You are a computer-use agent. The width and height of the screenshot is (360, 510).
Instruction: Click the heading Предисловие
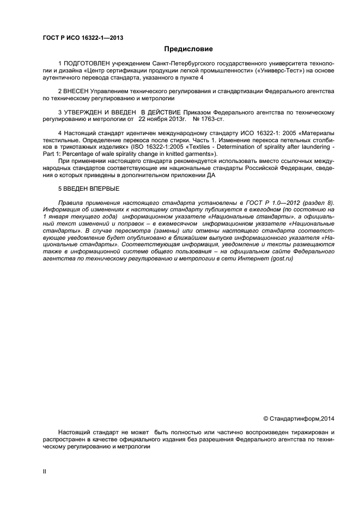coord(180,49)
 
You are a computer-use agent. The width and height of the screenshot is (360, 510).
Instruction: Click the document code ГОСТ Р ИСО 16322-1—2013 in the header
coord(82,38)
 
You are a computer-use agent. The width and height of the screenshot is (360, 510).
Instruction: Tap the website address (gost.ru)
coord(281,259)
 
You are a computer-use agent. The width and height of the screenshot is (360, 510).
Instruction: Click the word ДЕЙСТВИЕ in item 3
coord(158,112)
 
